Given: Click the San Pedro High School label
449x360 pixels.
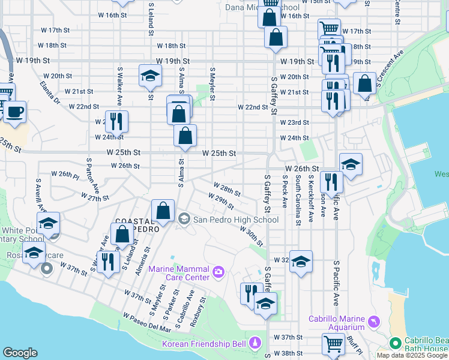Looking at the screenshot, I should pyautogui.click(x=235, y=220).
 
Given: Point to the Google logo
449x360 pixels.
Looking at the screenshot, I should pyautogui.click(x=20, y=353).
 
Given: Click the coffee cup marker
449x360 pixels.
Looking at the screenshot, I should pyautogui.click(x=15, y=111).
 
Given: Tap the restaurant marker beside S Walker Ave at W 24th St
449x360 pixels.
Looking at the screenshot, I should pyautogui.click(x=116, y=121).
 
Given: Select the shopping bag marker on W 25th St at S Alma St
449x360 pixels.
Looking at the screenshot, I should pyautogui.click(x=185, y=136).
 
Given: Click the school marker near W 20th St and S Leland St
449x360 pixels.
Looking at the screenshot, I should pyautogui.click(x=149, y=76).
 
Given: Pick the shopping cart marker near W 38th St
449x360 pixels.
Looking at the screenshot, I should pyautogui.click(x=333, y=344).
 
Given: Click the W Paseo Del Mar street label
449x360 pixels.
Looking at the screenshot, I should pyautogui.click(x=147, y=322).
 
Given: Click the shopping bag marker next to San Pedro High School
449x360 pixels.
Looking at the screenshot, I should pyautogui.click(x=163, y=211).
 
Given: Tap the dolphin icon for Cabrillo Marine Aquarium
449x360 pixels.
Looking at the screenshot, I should pyautogui.click(x=375, y=323).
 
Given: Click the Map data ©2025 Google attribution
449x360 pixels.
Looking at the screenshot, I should pyautogui.click(x=412, y=355).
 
